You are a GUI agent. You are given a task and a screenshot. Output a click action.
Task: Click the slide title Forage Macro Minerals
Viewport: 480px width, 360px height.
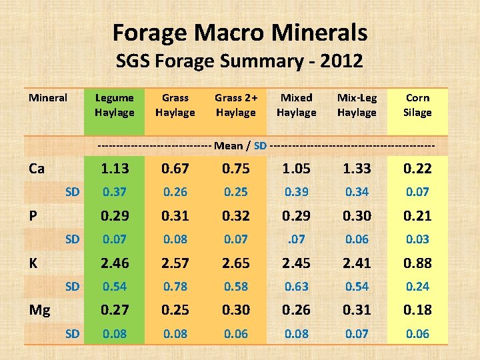coord(240,32)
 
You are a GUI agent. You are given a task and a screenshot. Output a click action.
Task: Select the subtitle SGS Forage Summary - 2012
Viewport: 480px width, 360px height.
coord(239,61)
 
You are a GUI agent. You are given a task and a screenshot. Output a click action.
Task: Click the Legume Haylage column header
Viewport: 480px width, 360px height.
coord(115,105)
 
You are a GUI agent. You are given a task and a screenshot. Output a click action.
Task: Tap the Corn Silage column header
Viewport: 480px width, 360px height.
coord(417,105)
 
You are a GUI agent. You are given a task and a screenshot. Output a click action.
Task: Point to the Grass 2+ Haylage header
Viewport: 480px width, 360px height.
coord(236,105)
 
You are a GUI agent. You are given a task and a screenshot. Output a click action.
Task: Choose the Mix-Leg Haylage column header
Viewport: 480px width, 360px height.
coord(357,105)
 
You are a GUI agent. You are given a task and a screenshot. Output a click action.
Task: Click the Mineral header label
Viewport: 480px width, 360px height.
coord(48,98)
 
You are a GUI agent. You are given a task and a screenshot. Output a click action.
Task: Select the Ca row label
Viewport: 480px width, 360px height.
coord(37,169)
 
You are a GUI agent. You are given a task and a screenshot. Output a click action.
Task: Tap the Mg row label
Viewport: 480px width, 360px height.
coord(39,310)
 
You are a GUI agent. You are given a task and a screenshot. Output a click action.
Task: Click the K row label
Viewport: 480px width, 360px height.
coord(33,263)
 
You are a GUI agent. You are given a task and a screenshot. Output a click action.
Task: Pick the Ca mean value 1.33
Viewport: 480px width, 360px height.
coord(357,169)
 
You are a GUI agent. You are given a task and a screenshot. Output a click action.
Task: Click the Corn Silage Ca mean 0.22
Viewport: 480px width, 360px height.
coord(417,169)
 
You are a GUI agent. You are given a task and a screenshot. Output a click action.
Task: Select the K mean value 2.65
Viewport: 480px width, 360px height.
coord(236,263)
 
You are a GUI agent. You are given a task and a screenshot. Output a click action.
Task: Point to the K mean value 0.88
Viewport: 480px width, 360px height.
coord(417,263)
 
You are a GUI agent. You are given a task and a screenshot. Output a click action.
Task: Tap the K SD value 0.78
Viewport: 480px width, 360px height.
coord(175,287)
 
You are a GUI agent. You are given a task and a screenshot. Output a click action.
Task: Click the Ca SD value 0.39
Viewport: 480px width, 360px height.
coord(297,192)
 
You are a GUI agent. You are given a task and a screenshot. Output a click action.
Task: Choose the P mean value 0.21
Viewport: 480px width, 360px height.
coord(417,216)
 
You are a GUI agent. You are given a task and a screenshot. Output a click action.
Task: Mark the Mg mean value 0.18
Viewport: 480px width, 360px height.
coord(417,310)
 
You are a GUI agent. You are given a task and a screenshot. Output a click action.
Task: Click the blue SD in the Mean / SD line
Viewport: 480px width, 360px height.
coord(260,145)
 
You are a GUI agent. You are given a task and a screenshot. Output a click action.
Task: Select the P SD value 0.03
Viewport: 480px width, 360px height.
coord(417,239)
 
